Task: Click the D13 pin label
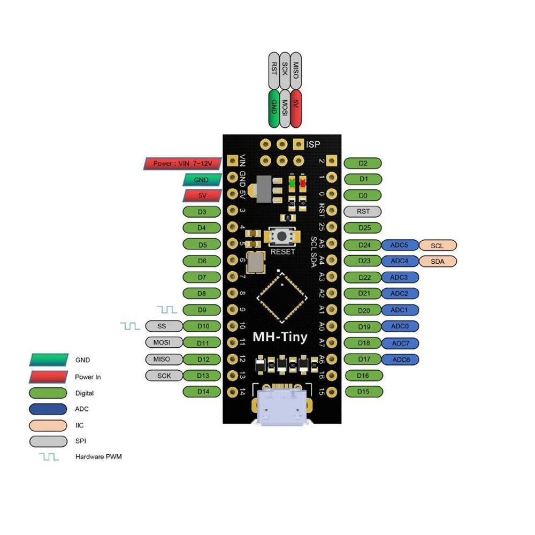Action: point(202,376)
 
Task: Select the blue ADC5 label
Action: point(400,246)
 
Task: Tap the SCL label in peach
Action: point(438,246)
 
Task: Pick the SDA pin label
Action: point(438,262)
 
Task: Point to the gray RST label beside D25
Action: point(363,211)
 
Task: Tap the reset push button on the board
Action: point(282,236)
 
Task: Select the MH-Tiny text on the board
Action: point(279,337)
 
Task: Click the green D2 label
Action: point(363,163)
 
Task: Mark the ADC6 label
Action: point(400,360)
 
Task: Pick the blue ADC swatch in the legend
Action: point(48,409)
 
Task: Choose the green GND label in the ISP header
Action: point(273,108)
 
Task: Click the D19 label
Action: point(363,326)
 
